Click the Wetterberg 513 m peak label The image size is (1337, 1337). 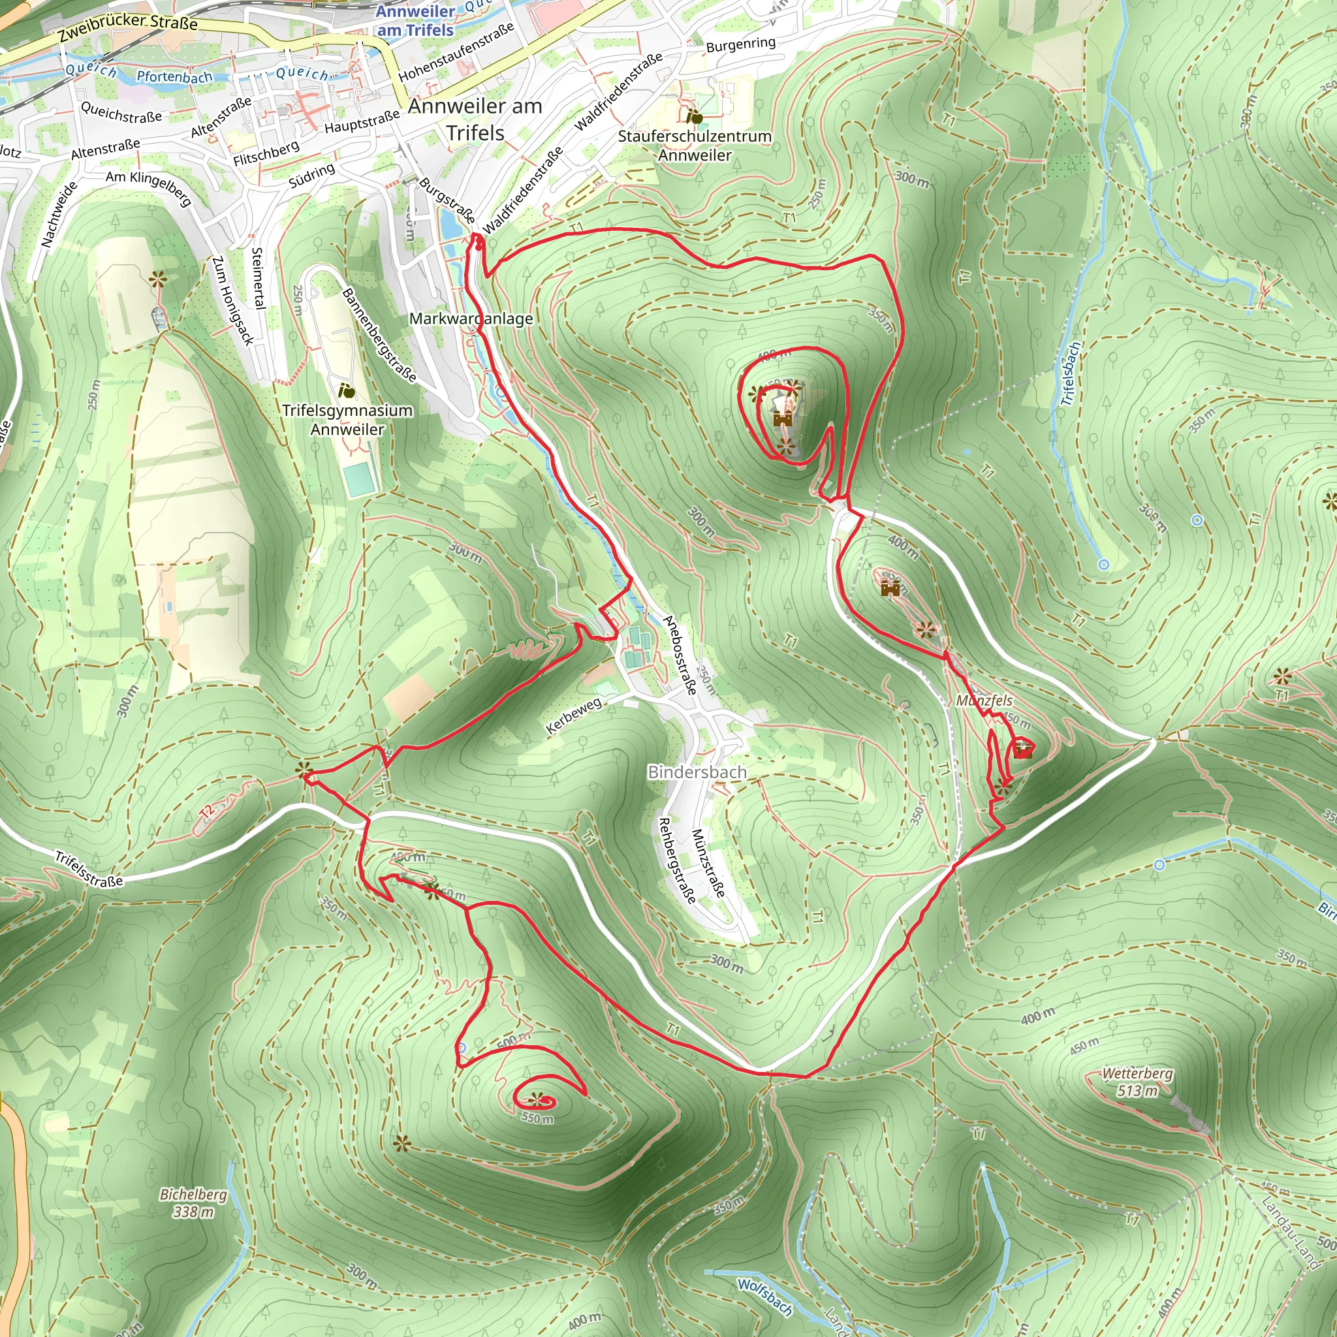(1137, 1082)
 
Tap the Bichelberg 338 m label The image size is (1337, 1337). (193, 1203)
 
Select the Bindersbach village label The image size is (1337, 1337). (697, 772)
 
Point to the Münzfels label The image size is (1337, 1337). (984, 700)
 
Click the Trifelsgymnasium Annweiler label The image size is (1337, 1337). (347, 419)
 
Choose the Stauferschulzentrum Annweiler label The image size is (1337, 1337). (694, 146)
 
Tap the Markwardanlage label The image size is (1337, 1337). (471, 319)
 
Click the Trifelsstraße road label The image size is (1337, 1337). (89, 869)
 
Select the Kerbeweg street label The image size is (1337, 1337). (574, 716)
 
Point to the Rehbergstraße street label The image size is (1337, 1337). (676, 861)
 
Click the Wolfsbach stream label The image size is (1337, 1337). (764, 1296)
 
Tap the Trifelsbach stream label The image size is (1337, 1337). (1070, 373)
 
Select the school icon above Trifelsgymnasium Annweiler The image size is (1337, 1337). (347, 392)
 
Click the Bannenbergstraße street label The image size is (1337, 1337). (379, 335)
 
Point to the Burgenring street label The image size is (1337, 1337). (740, 44)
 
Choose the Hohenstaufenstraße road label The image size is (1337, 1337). (457, 50)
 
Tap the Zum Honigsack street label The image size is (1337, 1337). (232, 300)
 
